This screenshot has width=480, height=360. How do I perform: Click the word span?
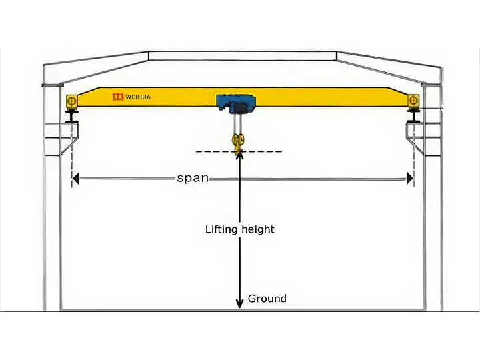[193, 178]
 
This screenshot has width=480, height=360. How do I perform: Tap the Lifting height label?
[239, 229]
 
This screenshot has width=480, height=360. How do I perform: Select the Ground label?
[267, 299]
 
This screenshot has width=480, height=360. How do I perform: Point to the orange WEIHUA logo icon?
[118, 97]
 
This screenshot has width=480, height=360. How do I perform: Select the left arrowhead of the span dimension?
[76, 179]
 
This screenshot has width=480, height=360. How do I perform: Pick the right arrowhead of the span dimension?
[409, 179]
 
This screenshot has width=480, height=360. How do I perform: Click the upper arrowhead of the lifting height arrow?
[239, 155]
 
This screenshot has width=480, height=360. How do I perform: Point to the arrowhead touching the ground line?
[239, 305]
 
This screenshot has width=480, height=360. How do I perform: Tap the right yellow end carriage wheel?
[415, 101]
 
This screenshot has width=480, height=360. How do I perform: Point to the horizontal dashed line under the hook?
[213, 152]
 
